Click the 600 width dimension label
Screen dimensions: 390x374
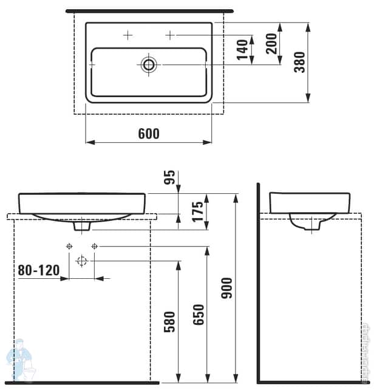[149, 134]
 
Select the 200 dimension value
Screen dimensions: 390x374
[271, 43]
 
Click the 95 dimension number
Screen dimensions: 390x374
[170, 177]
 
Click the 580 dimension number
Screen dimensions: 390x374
[170, 321]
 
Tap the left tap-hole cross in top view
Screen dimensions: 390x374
[127, 35]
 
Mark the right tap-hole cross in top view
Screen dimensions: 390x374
[170, 35]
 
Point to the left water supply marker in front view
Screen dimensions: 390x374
[69, 246]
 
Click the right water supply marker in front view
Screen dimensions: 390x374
[94, 246]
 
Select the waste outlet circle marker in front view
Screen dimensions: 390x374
[82, 261]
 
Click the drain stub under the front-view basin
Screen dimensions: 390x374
[82, 226]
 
